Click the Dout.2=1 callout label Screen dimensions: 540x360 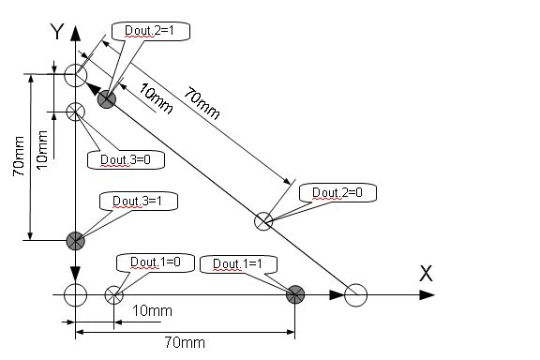click(x=149, y=31)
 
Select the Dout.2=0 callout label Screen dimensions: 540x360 click(x=337, y=192)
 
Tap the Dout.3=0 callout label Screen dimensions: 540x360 click(x=126, y=159)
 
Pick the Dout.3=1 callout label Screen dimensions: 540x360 click(x=137, y=201)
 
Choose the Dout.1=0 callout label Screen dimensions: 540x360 click(x=156, y=262)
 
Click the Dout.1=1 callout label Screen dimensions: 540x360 click(x=237, y=263)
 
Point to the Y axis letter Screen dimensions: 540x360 click(x=57, y=32)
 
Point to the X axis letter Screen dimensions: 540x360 click(x=426, y=274)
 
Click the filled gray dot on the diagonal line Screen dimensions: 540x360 click(x=107, y=99)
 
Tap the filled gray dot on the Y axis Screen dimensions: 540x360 click(x=75, y=240)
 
